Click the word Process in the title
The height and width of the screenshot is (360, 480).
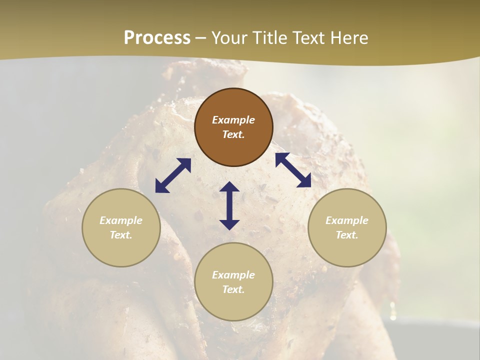tap(157, 38)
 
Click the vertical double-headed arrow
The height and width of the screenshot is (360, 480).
tap(229, 205)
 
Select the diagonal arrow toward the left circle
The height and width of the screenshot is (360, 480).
tap(173, 175)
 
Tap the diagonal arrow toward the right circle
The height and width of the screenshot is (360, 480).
tap(293, 170)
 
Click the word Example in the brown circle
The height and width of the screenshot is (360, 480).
tap(233, 120)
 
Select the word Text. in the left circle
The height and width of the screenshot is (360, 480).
tap(121, 235)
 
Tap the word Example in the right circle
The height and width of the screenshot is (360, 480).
tap(347, 220)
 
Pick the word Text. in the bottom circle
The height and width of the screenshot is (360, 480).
tap(233, 289)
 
